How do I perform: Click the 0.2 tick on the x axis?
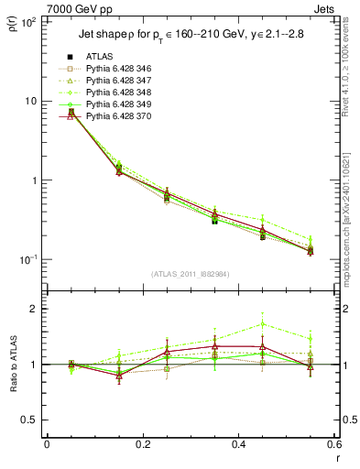pos(142,446)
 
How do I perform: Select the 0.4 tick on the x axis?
pos(238,446)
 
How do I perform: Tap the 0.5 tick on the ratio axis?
pos(29,420)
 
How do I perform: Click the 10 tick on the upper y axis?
pos(29,101)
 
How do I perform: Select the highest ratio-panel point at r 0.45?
pos(263,323)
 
